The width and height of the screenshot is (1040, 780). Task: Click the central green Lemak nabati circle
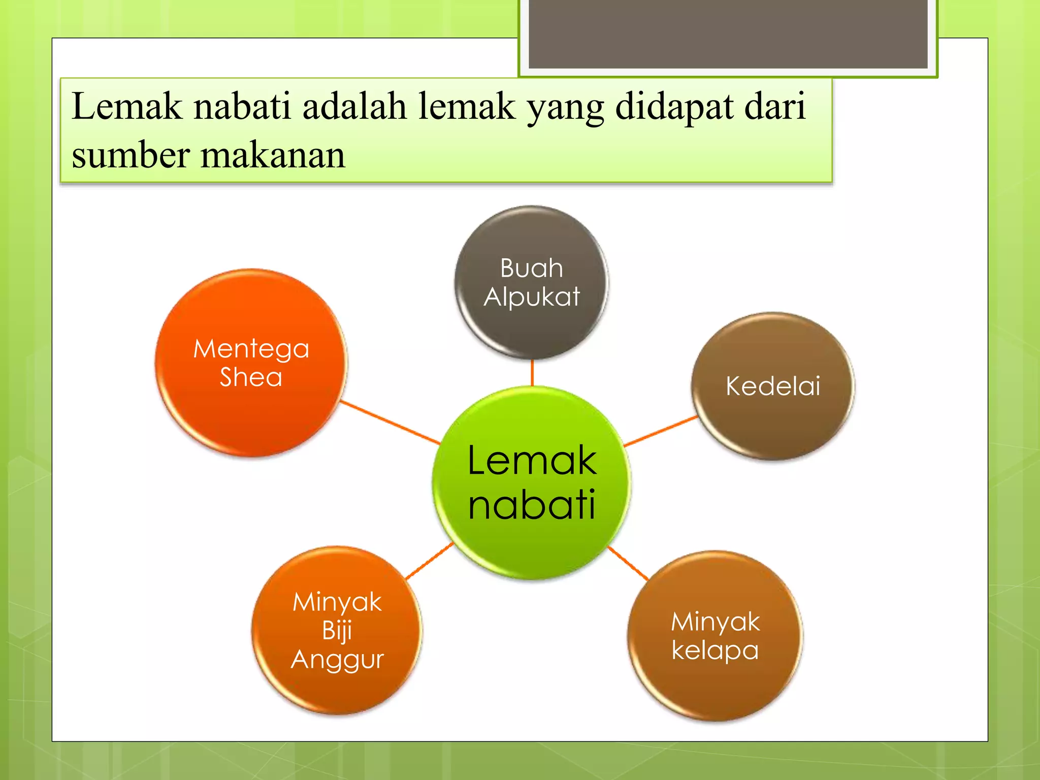531,482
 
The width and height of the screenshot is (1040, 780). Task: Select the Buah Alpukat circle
531,282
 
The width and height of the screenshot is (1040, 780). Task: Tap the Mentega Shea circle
251,363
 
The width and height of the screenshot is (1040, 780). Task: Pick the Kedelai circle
772,386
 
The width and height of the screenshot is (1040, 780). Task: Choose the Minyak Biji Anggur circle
337,630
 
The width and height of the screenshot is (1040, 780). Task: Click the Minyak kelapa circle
715,636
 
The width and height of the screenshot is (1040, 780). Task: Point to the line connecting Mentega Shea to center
390,422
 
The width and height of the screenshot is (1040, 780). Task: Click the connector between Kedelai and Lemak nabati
660,431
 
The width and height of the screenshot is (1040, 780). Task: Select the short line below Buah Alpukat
532,373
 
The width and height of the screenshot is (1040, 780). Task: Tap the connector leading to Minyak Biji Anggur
429,561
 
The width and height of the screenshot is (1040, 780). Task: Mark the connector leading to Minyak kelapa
628,563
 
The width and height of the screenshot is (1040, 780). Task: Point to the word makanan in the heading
273,155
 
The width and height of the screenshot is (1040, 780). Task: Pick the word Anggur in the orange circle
337,660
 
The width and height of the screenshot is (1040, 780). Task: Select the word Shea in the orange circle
251,377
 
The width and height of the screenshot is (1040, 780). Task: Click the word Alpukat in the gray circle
532,297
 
